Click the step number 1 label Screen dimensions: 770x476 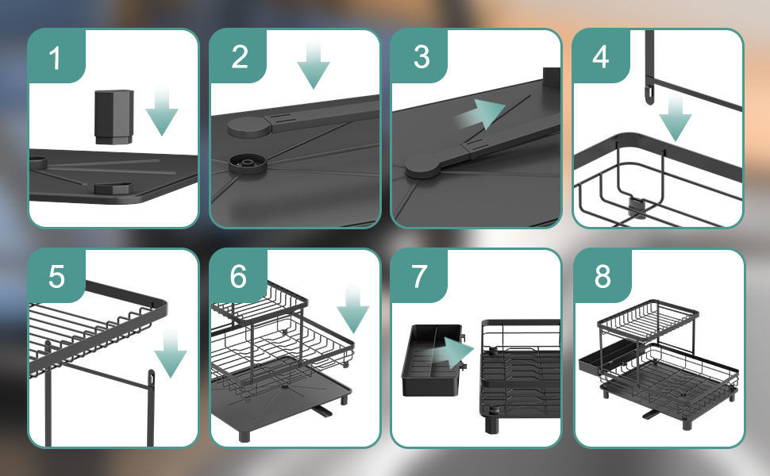(x=55, y=58)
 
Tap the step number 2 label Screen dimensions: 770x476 (x=239, y=57)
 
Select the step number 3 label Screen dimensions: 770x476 (x=422, y=57)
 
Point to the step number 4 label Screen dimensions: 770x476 (x=601, y=57)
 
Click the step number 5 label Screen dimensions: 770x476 (x=56, y=276)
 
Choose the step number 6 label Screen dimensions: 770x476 (x=238, y=276)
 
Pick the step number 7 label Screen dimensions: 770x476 (x=419, y=276)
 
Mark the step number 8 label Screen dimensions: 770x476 (x=603, y=276)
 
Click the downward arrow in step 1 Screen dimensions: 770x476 (x=162, y=112)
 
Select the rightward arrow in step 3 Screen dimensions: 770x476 (x=479, y=114)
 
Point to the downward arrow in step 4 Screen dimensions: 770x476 (x=676, y=117)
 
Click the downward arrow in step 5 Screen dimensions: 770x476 (x=171, y=353)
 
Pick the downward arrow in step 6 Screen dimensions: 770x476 (x=353, y=310)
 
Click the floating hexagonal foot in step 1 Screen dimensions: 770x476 (x=114, y=117)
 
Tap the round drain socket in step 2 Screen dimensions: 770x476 (x=248, y=164)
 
